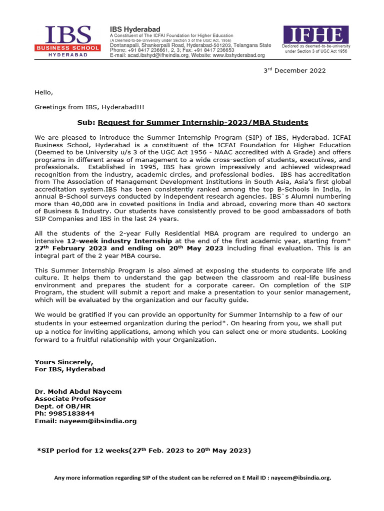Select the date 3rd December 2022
tap(294, 70)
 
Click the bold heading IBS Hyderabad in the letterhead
tap(135, 29)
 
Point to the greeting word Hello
tap(43, 92)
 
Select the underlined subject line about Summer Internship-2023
tap(203, 122)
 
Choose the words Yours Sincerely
tap(63, 362)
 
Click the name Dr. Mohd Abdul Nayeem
tap(78, 391)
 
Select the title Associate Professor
tap(70, 399)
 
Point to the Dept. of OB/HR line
tap(57, 406)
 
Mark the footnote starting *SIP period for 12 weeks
tap(144, 451)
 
